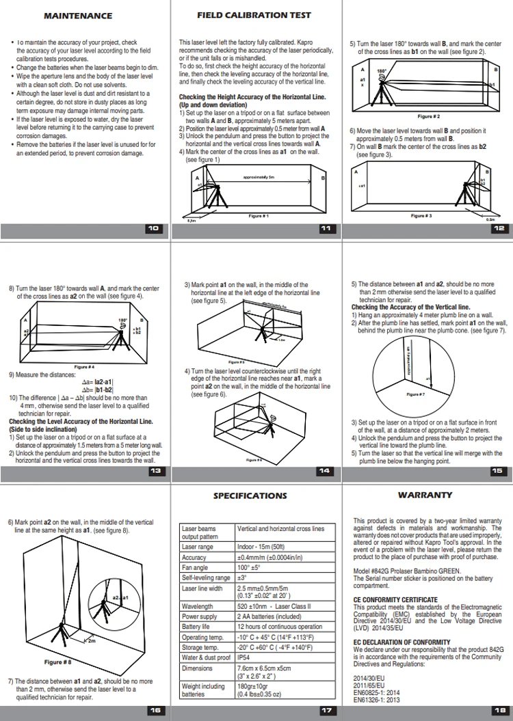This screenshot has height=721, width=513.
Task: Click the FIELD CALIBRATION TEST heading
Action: [254, 14]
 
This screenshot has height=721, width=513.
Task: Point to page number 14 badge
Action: [324, 471]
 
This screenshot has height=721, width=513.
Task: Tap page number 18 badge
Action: [498, 710]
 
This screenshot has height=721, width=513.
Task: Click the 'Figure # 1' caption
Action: [256, 216]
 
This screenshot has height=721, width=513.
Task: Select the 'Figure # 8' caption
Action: [58, 662]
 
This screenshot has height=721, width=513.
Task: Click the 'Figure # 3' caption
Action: [421, 215]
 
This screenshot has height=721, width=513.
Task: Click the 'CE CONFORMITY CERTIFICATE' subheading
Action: [395, 600]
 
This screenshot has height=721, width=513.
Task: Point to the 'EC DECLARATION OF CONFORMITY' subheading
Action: [402, 642]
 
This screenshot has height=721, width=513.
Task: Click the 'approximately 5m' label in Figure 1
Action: [258, 177]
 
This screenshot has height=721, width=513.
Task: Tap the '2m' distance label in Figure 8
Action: [90, 641]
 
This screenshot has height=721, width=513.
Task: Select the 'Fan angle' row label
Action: [194, 567]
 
